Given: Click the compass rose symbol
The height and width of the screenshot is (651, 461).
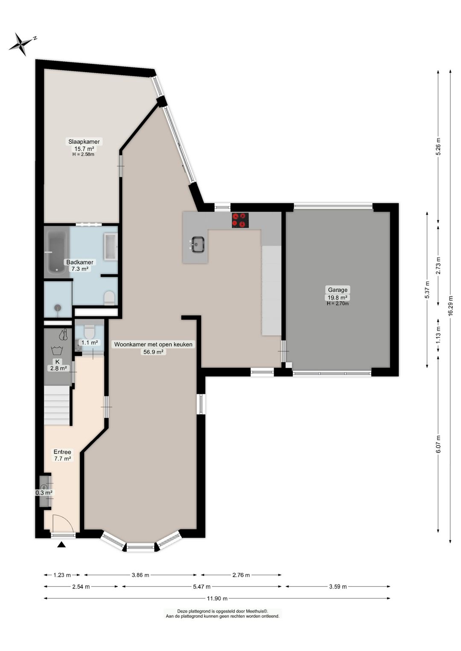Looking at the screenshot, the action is [20, 44].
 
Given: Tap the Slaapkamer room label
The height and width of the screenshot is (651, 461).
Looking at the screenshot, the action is [84, 142].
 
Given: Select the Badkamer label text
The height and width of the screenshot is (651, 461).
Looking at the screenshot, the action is [80, 262].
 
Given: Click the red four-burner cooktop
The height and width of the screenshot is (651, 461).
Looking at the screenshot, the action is [240, 220].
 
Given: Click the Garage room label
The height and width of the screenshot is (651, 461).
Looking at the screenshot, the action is [337, 290].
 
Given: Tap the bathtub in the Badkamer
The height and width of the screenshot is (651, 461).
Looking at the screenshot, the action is [57, 252].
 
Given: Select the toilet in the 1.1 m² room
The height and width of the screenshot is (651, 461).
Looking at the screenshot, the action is [89, 331].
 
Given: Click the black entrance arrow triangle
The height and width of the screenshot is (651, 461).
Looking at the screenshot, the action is [61, 544].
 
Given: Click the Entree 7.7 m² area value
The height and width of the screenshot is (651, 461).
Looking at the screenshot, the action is [62, 459].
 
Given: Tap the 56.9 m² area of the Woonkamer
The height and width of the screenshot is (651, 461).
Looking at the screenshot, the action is [153, 352].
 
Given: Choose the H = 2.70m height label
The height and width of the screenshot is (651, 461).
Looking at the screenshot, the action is [337, 303].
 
